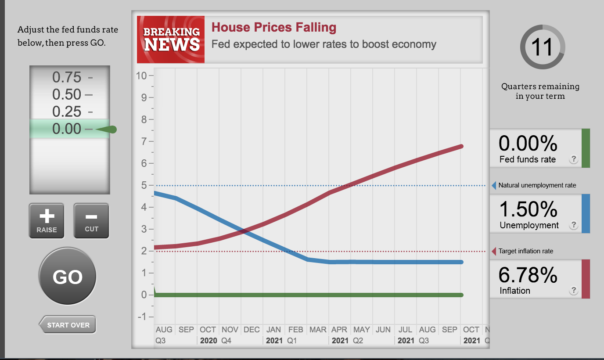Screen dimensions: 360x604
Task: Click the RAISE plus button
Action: click(47, 220)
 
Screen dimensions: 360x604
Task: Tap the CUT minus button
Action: click(91, 220)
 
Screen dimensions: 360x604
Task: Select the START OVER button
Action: click(68, 325)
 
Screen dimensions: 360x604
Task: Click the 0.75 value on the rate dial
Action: click(67, 77)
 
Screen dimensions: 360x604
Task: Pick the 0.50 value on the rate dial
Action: click(67, 94)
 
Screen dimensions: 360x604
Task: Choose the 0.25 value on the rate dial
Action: click(67, 112)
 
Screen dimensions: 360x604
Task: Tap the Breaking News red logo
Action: click(171, 40)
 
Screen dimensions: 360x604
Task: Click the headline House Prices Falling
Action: click(274, 28)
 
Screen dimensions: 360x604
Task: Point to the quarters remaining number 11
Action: click(542, 47)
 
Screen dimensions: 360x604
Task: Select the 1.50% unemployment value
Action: click(528, 209)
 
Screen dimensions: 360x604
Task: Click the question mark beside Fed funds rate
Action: click(573, 159)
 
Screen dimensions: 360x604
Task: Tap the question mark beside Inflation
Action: click(573, 290)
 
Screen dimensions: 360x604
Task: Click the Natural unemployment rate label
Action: click(537, 185)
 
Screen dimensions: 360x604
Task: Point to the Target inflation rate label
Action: click(526, 251)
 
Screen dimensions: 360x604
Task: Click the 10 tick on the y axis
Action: click(141, 76)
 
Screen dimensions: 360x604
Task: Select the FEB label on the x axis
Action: click(295, 329)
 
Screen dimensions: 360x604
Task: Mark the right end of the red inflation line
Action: click(461, 146)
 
